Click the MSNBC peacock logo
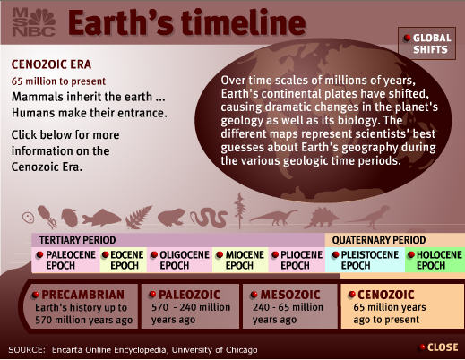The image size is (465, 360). click(x=34, y=22)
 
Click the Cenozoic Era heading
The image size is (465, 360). click(x=51, y=64)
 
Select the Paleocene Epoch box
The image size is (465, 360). click(x=65, y=260)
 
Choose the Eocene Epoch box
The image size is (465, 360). click(x=124, y=260)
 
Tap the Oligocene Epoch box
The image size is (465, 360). click(x=179, y=260)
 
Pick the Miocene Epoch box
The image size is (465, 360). click(x=240, y=260)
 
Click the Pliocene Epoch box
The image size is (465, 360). click(x=297, y=260)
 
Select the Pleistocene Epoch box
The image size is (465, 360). click(x=365, y=260)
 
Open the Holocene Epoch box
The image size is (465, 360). click(x=435, y=260)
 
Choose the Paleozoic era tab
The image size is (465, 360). click(x=190, y=306)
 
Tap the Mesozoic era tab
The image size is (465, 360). click(x=290, y=306)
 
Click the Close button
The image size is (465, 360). click(x=439, y=347)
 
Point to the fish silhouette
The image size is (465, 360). click(x=101, y=218)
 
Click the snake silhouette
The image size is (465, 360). click(x=209, y=218)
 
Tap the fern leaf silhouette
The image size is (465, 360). click(x=138, y=218)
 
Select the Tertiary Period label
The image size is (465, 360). click(x=78, y=240)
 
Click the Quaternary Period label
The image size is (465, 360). click(x=379, y=240)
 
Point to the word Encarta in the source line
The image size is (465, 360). click(x=67, y=350)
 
